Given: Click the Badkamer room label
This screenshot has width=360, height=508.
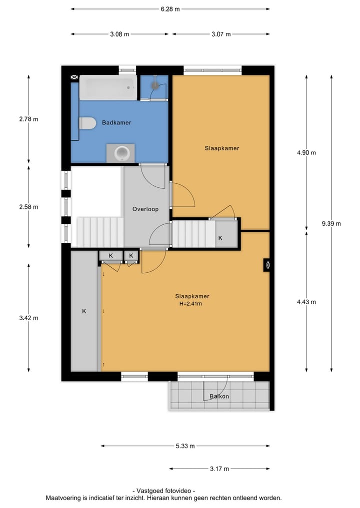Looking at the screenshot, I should (116, 122).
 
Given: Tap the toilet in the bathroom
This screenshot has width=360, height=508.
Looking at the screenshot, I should (87, 123).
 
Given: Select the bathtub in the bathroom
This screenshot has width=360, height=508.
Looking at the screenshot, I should (107, 88).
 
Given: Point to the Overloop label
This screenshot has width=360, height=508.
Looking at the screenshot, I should (145, 209).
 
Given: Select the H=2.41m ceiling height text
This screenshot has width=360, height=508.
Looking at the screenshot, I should (192, 303).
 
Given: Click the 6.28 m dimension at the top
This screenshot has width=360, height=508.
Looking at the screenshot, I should (170, 9).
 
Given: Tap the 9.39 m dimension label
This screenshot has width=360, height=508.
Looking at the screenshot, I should (331, 224).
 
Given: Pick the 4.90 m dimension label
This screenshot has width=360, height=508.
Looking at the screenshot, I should (306, 153).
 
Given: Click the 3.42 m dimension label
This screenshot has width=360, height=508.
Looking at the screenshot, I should (28, 318).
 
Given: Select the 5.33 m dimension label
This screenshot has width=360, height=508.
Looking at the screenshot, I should (185, 446).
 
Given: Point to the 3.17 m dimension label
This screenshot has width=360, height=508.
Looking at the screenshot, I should (219, 469).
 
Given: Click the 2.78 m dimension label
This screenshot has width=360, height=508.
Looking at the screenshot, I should (28, 119).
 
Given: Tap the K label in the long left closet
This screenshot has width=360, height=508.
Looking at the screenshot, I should (84, 311).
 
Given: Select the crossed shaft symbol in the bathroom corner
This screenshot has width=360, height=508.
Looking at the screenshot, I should (74, 78).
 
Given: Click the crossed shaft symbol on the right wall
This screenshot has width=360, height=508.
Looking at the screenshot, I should (267, 265).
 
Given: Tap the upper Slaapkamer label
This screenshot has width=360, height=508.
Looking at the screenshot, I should (221, 148).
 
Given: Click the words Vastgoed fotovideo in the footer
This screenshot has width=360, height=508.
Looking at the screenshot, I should (163, 491).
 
